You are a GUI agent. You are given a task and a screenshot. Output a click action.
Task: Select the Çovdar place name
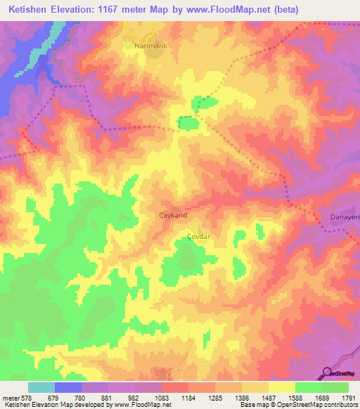(199, 237)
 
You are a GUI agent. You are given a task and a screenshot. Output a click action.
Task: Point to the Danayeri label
(345, 218)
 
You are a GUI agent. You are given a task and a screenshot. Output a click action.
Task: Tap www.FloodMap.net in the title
(226, 10)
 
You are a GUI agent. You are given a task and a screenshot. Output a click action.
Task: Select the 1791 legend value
(349, 398)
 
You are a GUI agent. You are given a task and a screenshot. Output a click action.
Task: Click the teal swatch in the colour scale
(41, 387)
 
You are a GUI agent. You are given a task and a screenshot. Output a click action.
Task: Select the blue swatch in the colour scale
(68, 387)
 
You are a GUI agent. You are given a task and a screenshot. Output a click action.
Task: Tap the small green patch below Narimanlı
(188, 124)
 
